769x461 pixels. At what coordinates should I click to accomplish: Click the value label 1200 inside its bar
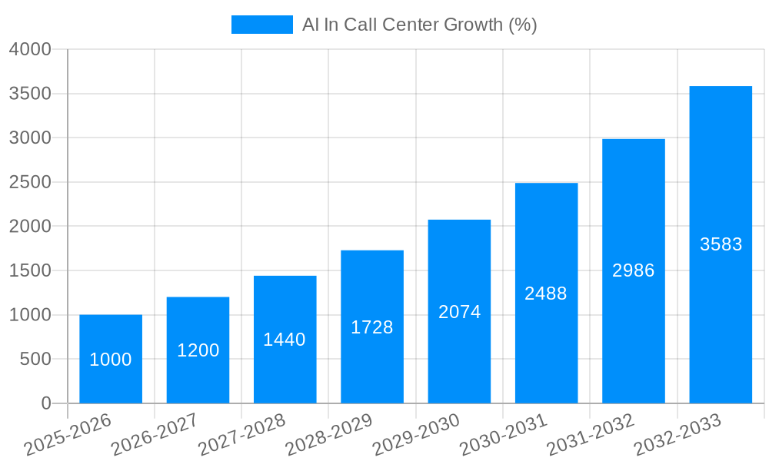[198, 350]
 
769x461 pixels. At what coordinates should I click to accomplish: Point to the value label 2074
[460, 312]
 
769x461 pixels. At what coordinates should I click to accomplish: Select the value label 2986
[634, 270]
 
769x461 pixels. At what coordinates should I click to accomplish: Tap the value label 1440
[285, 340]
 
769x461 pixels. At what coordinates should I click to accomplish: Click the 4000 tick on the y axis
[30, 49]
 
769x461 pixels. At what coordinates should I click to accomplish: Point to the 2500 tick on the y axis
[30, 182]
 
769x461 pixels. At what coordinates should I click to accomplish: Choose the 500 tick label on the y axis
[35, 359]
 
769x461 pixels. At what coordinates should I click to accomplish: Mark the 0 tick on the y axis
[45, 403]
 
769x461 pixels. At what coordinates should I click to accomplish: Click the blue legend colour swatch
[261, 25]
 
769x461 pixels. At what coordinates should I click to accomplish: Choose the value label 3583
[721, 244]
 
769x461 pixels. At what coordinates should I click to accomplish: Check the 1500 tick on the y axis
[30, 270]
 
